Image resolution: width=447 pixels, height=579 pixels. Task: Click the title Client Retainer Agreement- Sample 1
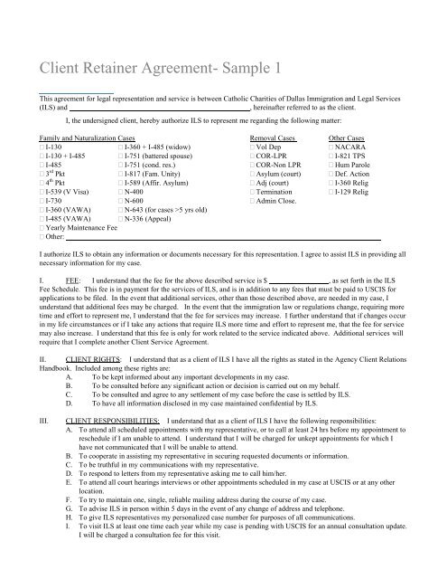click(163, 68)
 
